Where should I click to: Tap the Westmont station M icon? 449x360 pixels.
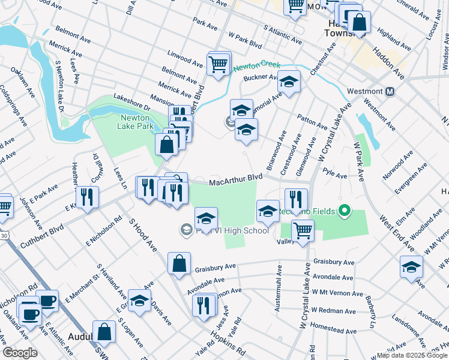coord(390,92)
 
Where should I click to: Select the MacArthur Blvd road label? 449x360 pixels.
coord(236,180)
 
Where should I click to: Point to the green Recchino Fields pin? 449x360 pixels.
coord(343,211)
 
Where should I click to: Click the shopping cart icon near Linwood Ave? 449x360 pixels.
coord(218,63)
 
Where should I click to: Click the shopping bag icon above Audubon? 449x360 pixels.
coord(104,332)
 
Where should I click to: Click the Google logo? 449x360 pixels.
coord(20,353)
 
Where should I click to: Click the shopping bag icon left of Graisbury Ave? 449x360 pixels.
coord(179,263)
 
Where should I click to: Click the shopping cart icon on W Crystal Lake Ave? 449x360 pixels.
coord(303,230)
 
